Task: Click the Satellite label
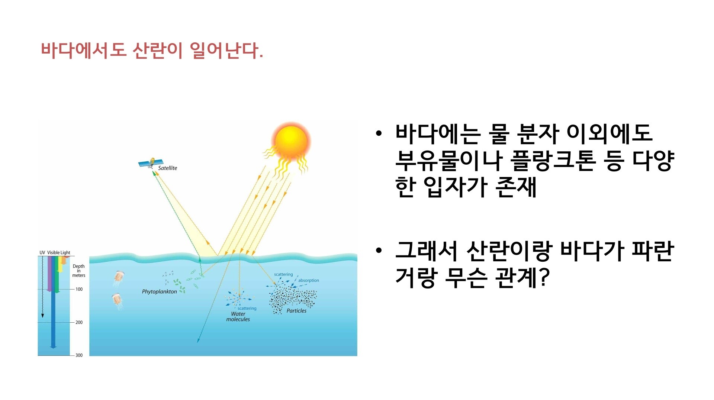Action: (x=167, y=168)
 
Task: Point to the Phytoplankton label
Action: (x=159, y=292)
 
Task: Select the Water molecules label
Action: (x=238, y=316)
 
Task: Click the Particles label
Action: (x=296, y=311)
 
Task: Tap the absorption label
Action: (x=309, y=280)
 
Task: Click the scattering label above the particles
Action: (x=283, y=274)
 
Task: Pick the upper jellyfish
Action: (x=119, y=278)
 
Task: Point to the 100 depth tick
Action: (x=79, y=289)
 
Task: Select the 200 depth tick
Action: (x=79, y=322)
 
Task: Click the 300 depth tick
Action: (x=79, y=355)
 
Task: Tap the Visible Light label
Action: (x=59, y=253)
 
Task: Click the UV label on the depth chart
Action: (x=42, y=253)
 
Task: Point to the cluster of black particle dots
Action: (x=293, y=299)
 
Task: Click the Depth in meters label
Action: (x=79, y=271)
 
